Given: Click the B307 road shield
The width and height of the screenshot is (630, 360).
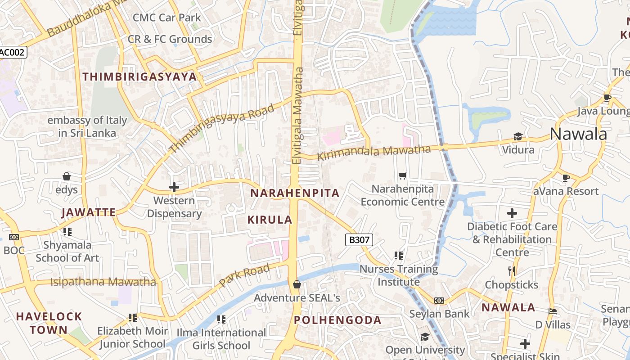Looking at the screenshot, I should tap(359, 240).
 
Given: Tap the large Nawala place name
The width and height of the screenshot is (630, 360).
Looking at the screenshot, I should tap(578, 134).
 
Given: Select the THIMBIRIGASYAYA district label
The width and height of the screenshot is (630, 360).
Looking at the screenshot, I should tap(139, 76).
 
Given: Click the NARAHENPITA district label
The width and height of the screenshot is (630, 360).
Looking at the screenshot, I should tap(294, 193).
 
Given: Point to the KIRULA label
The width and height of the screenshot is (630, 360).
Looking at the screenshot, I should tap(270, 220).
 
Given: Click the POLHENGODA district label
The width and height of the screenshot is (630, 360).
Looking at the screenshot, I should tap(337, 320).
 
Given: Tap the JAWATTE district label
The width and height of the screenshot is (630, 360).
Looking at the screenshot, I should tap(89, 212).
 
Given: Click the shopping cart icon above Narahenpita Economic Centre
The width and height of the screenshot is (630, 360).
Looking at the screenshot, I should tap(402, 175).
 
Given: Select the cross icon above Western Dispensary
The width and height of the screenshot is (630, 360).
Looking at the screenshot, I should tap(174, 187).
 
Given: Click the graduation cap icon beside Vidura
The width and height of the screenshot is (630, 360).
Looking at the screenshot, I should tap(518, 136).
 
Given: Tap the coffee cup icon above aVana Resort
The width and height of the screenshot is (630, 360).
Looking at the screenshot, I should tap(566, 178).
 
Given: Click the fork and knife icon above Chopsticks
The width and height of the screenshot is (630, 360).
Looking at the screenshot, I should tap(511, 271).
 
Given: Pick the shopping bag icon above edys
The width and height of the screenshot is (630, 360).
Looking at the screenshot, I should tap(67, 176).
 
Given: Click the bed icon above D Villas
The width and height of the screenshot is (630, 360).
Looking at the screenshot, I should tap(553, 311).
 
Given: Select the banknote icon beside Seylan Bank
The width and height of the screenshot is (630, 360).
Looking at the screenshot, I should tap(439, 301).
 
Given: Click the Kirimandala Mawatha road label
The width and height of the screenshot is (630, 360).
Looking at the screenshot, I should tap(374, 153).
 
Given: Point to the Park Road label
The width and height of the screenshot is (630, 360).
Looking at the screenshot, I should tap(245, 275).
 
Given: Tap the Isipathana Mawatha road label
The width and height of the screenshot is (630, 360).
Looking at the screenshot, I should tap(103, 282).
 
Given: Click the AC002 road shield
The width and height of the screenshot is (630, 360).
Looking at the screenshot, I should tap(13, 52).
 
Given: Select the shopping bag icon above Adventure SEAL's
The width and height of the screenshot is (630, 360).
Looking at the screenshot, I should tap(297, 284).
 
